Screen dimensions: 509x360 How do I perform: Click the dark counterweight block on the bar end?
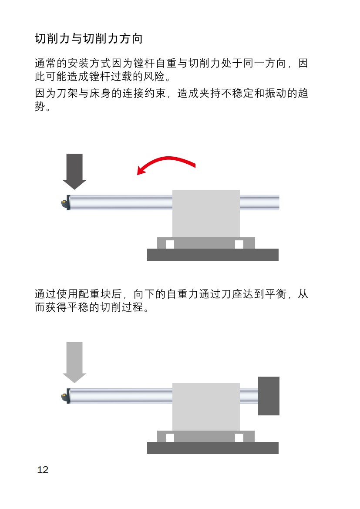(x=269, y=396)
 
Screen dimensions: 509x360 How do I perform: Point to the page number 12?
(x=43, y=470)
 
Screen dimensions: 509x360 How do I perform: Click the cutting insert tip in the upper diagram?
(x=64, y=203)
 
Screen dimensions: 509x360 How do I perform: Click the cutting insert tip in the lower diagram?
(x=64, y=396)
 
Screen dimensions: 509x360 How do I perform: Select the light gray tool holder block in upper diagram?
(x=206, y=213)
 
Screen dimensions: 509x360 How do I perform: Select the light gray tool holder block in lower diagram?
(x=206, y=407)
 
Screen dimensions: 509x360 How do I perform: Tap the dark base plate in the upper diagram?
(x=212, y=255)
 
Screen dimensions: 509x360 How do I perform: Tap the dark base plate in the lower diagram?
(x=212, y=448)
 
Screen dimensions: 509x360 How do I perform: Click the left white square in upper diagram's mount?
(x=170, y=244)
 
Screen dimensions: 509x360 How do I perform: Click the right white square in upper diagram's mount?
(x=239, y=244)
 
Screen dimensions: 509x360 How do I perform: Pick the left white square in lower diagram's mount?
(x=170, y=438)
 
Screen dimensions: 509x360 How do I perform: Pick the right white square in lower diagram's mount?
(x=239, y=438)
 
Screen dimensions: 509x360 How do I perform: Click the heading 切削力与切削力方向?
(x=89, y=39)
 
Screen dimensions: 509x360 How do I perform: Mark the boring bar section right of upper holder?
(x=259, y=202)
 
